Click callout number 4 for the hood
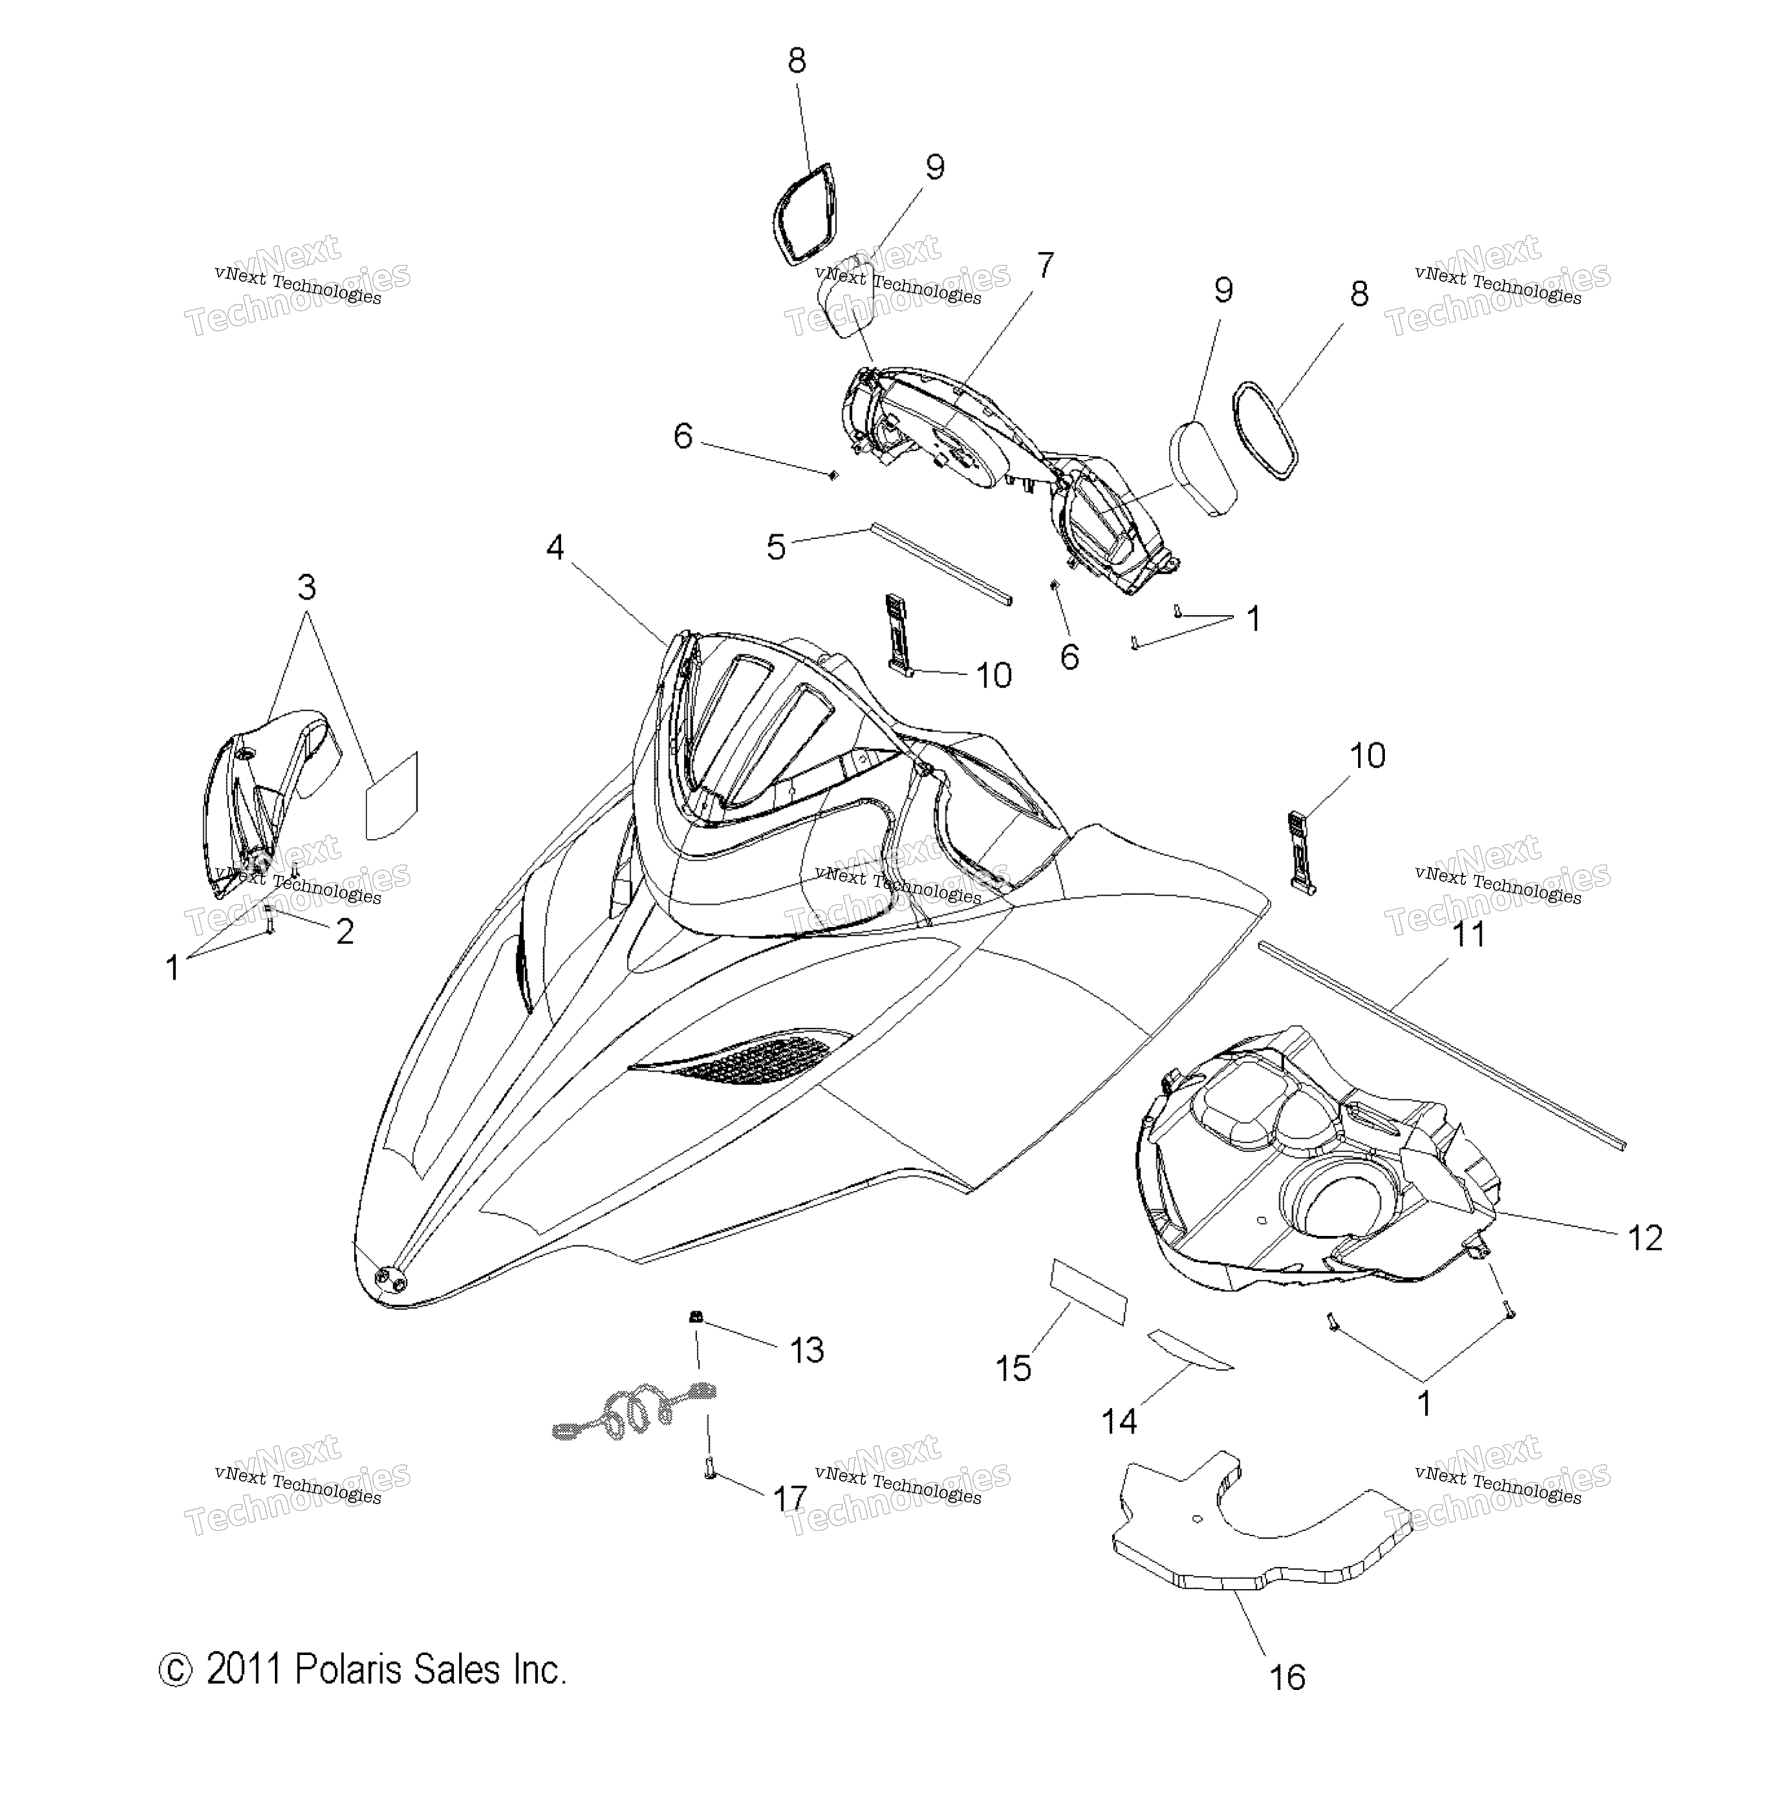555,547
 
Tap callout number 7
1045,266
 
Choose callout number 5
777,547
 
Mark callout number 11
1469,934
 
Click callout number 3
306,588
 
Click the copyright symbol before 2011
175,1669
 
